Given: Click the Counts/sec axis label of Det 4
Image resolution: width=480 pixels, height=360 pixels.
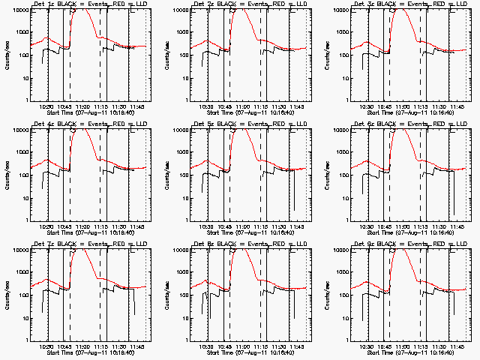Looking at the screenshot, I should click(7, 174).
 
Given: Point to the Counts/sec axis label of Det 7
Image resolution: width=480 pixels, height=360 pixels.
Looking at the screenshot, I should click(7, 294).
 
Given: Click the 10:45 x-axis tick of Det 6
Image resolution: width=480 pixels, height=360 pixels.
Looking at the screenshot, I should click(386, 226).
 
